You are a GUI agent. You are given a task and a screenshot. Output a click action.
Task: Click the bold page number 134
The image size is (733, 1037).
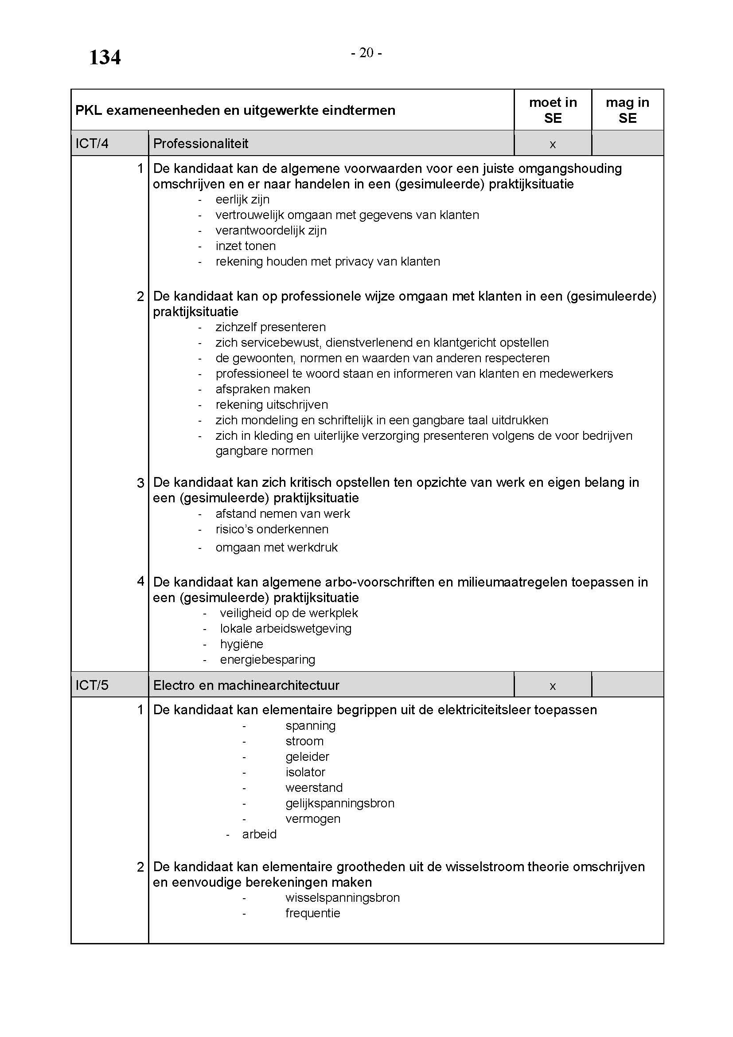click(x=105, y=58)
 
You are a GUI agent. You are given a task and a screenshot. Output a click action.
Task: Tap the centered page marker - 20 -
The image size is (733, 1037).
click(x=366, y=53)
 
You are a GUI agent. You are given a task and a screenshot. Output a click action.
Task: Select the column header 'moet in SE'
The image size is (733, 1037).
click(x=553, y=110)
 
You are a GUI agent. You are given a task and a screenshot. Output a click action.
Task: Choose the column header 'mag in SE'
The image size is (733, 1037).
click(x=627, y=110)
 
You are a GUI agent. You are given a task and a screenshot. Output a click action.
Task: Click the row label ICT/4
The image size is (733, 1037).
click(x=92, y=144)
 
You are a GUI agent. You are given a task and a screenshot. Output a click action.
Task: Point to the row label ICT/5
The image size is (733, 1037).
click(x=92, y=685)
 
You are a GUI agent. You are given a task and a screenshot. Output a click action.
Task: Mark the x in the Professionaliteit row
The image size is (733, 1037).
click(x=553, y=145)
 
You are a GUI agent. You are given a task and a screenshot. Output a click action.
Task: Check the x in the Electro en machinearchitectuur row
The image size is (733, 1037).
click(x=553, y=686)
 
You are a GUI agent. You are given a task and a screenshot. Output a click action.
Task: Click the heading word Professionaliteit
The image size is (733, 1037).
click(x=201, y=144)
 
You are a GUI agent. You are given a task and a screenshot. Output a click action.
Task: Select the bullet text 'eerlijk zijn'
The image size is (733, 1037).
click(x=242, y=200)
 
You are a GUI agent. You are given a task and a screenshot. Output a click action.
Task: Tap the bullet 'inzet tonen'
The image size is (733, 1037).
click(x=246, y=246)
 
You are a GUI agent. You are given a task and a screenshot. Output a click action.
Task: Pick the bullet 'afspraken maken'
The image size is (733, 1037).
click(x=263, y=389)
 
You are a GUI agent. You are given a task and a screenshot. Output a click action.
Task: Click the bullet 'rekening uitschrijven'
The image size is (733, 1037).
click(x=272, y=405)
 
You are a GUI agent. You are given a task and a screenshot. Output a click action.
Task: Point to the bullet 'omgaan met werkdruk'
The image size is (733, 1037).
click(x=276, y=548)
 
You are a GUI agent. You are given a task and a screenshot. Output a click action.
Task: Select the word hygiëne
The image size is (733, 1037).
click(x=242, y=644)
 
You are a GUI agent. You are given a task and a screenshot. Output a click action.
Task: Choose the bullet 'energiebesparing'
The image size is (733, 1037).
click(x=268, y=659)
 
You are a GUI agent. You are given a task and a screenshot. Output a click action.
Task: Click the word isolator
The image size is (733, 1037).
click(x=305, y=772)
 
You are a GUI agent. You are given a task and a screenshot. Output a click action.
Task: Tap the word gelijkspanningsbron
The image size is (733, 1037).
click(x=340, y=803)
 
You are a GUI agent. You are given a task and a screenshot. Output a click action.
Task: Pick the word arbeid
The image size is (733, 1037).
click(x=259, y=834)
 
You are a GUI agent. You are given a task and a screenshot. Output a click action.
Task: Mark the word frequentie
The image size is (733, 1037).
click(x=312, y=913)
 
